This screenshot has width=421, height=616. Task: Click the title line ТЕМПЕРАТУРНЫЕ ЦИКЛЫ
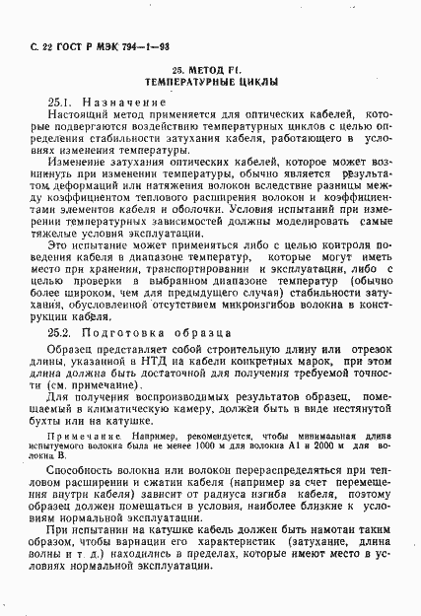pyautogui.click(x=210, y=84)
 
